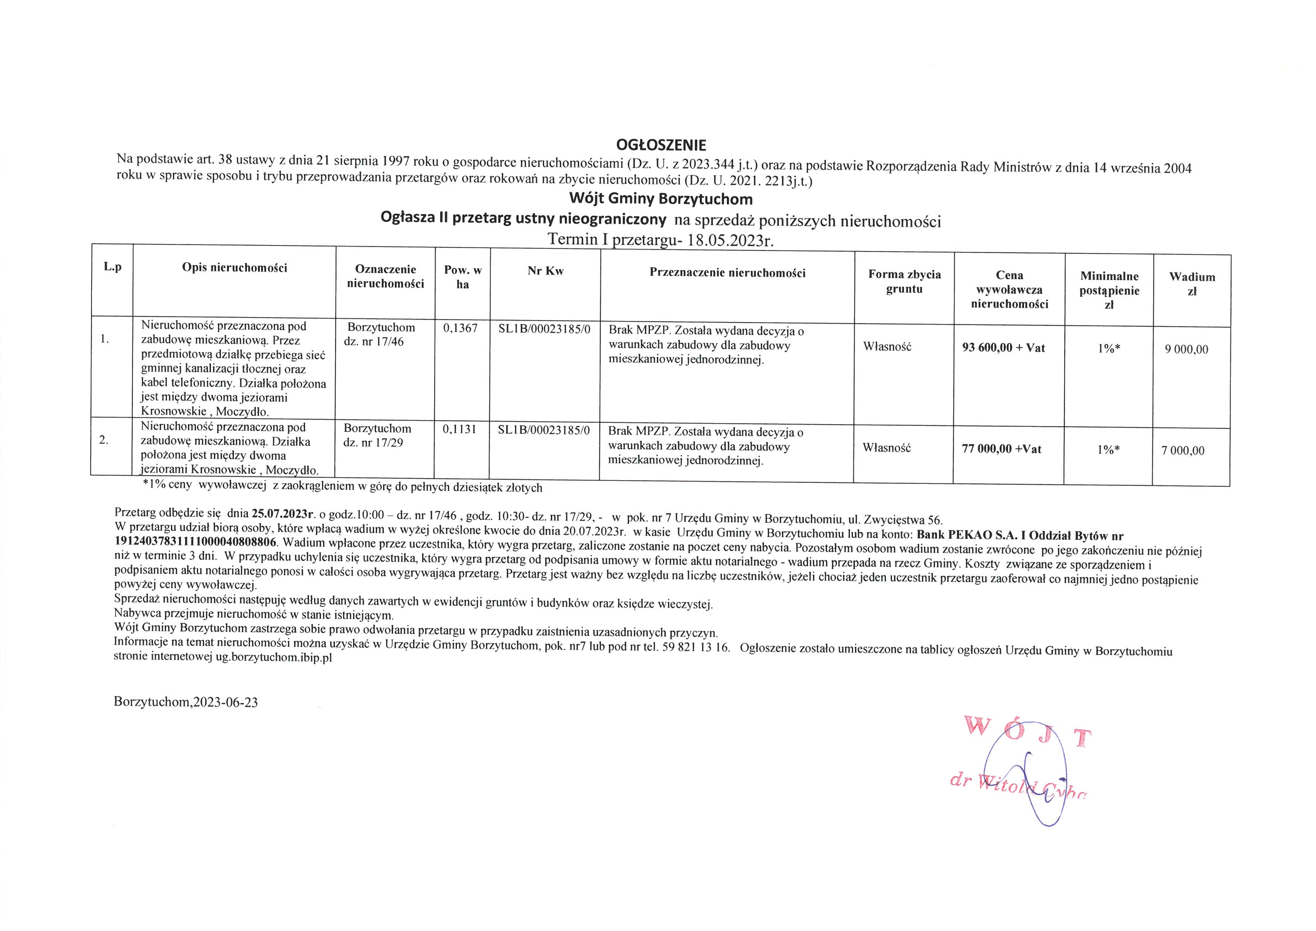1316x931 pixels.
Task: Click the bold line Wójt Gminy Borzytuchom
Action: click(x=660, y=199)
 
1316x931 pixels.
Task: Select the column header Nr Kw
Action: click(x=545, y=271)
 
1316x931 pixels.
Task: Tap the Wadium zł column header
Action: click(x=1192, y=284)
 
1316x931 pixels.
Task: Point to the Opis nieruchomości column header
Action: click(x=235, y=268)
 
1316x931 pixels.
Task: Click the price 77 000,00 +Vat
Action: click(x=1001, y=449)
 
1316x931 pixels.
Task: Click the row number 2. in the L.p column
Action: click(x=104, y=440)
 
